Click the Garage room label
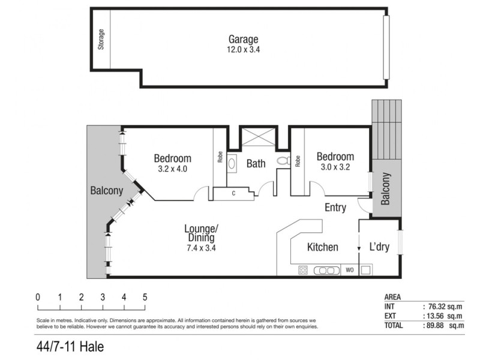242,39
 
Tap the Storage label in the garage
101,40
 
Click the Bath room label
256,163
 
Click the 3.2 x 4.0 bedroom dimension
172,169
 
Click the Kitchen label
322,247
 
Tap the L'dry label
379,247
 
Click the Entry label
335,208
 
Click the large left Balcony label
106,191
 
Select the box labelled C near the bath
233,193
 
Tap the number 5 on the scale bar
145,296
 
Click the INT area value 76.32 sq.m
443,306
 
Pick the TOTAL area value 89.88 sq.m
443,326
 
